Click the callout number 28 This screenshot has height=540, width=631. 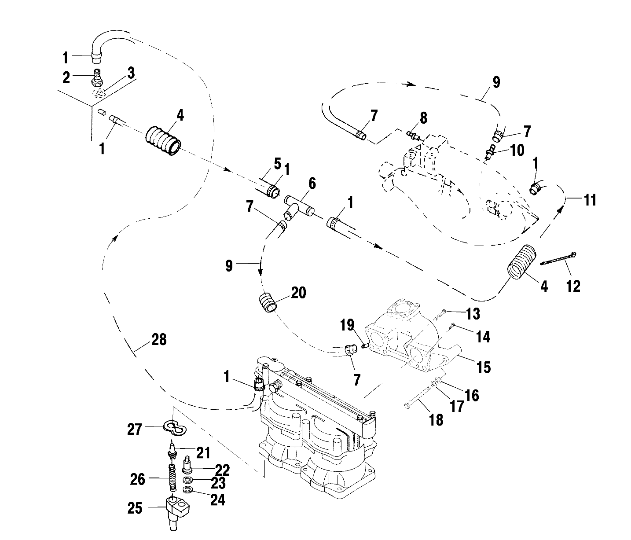[158, 339]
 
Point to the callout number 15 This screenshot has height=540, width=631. [484, 367]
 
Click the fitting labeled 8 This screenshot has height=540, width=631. [414, 135]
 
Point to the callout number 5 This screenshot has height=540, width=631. [277, 164]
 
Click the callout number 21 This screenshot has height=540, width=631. [202, 452]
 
